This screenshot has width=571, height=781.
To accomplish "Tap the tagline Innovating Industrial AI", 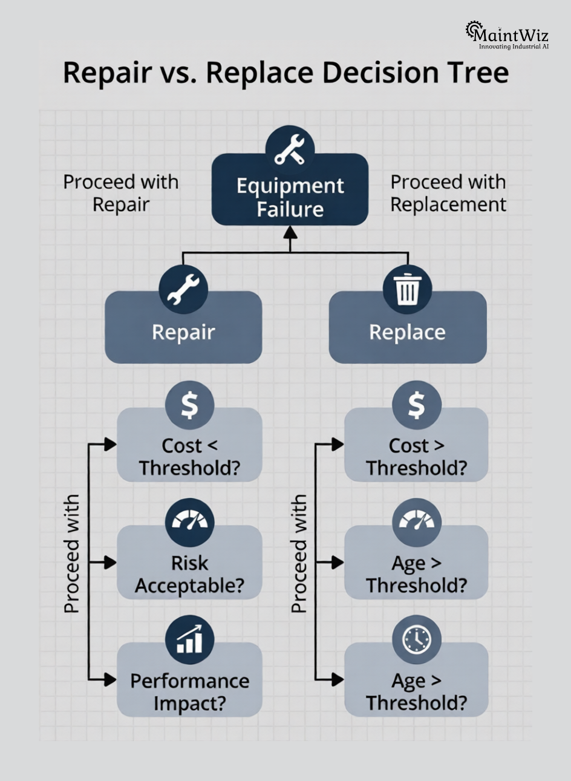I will tap(514, 46).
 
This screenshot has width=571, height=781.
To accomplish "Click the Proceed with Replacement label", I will tap(448, 193).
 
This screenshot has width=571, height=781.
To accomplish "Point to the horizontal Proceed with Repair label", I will tap(121, 193).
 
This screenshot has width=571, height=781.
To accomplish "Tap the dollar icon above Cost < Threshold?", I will tap(189, 405).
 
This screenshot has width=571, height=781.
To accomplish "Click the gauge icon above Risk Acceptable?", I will tap(189, 523).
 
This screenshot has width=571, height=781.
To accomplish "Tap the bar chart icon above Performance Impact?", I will tap(189, 640).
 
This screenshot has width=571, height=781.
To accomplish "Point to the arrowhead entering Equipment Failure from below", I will tap(290, 232).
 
